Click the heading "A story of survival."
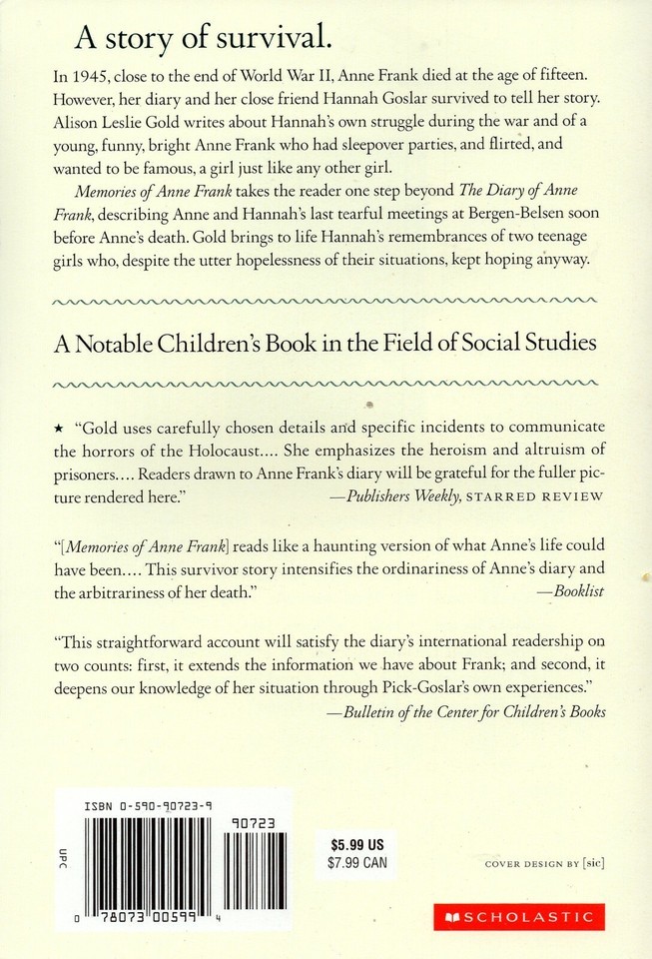point(203,40)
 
